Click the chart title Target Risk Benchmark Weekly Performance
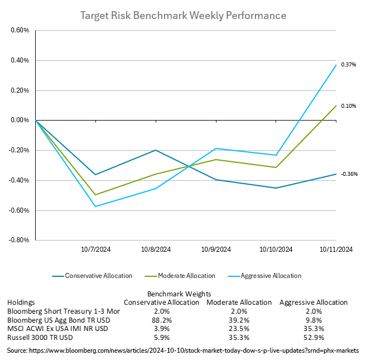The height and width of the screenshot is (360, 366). [183, 15]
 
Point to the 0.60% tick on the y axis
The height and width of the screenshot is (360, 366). [20, 30]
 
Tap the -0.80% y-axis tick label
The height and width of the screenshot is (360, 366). [19, 240]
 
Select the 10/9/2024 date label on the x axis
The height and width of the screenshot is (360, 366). [216, 249]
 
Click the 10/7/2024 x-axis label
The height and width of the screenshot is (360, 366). [95, 249]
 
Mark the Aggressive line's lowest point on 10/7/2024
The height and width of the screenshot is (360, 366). [95, 207]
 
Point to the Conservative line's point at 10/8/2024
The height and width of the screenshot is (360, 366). [156, 150]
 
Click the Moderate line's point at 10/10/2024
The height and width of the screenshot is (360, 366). [276, 167]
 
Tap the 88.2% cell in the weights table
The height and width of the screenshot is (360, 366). [162, 320]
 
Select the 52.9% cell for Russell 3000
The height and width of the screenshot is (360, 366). [312, 338]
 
